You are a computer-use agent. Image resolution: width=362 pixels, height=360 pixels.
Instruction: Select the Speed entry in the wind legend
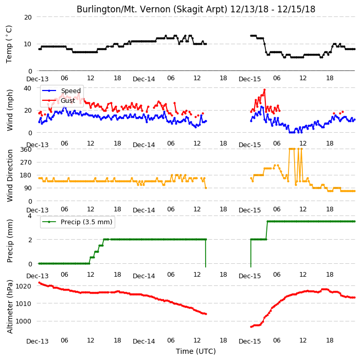click(70, 91)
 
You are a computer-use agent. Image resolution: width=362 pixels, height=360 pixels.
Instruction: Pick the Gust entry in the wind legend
click(68, 101)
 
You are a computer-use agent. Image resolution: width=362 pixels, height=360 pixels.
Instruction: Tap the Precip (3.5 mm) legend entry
click(86, 222)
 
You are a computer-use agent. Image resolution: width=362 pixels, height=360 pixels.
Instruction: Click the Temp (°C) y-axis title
click(9, 44)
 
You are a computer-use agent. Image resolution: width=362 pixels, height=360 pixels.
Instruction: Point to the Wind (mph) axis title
click(10, 111)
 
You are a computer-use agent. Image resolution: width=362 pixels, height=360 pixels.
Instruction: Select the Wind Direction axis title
click(10, 176)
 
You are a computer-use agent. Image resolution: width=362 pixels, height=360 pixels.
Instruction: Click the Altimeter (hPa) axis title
click(10, 307)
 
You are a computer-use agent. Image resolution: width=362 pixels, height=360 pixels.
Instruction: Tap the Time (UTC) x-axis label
click(196, 351)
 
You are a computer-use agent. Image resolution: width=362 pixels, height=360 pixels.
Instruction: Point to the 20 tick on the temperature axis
click(28, 17)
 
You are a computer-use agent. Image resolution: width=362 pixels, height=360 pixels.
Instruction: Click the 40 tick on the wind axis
click(28, 88)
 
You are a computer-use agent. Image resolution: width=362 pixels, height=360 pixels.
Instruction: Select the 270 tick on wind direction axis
click(26, 163)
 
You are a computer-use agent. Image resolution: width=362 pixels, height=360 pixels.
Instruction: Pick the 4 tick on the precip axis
click(30, 215)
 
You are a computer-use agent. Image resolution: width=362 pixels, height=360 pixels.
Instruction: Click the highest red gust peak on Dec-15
click(265, 89)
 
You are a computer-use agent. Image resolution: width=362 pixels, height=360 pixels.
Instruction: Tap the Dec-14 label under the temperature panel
click(144, 79)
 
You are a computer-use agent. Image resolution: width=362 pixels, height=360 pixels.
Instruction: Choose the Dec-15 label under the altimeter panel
click(250, 341)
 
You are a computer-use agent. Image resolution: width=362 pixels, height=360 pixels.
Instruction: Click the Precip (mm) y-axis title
click(10, 241)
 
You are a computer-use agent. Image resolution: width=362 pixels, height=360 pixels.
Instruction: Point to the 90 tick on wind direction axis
click(28, 188)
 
